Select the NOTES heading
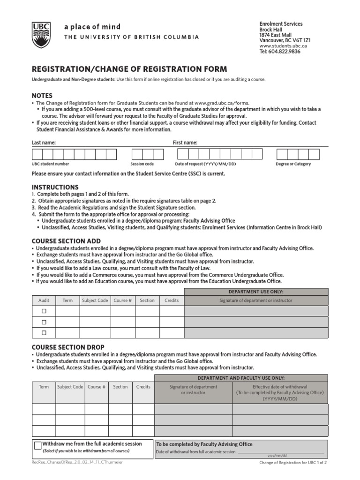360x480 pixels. pos(42,96)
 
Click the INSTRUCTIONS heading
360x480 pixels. pos(55,187)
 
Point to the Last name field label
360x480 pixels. pos(44,142)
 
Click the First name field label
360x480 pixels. pos(185,142)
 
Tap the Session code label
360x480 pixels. pos(142,164)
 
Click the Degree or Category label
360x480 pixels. pos(293,164)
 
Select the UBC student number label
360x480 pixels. pos(50,164)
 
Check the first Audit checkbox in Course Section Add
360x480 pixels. pos(44,311)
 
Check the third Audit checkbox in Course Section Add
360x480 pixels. pos(44,332)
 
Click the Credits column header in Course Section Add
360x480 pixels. pos(172,300)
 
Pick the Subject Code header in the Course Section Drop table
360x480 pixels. pos(70,387)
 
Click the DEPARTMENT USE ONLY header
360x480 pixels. pos(255,292)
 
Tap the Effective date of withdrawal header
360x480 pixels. pos(280,392)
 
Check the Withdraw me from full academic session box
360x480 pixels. pos(37,447)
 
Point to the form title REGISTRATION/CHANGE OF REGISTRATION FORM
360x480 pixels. pos(129,69)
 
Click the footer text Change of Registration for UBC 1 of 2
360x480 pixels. pos(293,463)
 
